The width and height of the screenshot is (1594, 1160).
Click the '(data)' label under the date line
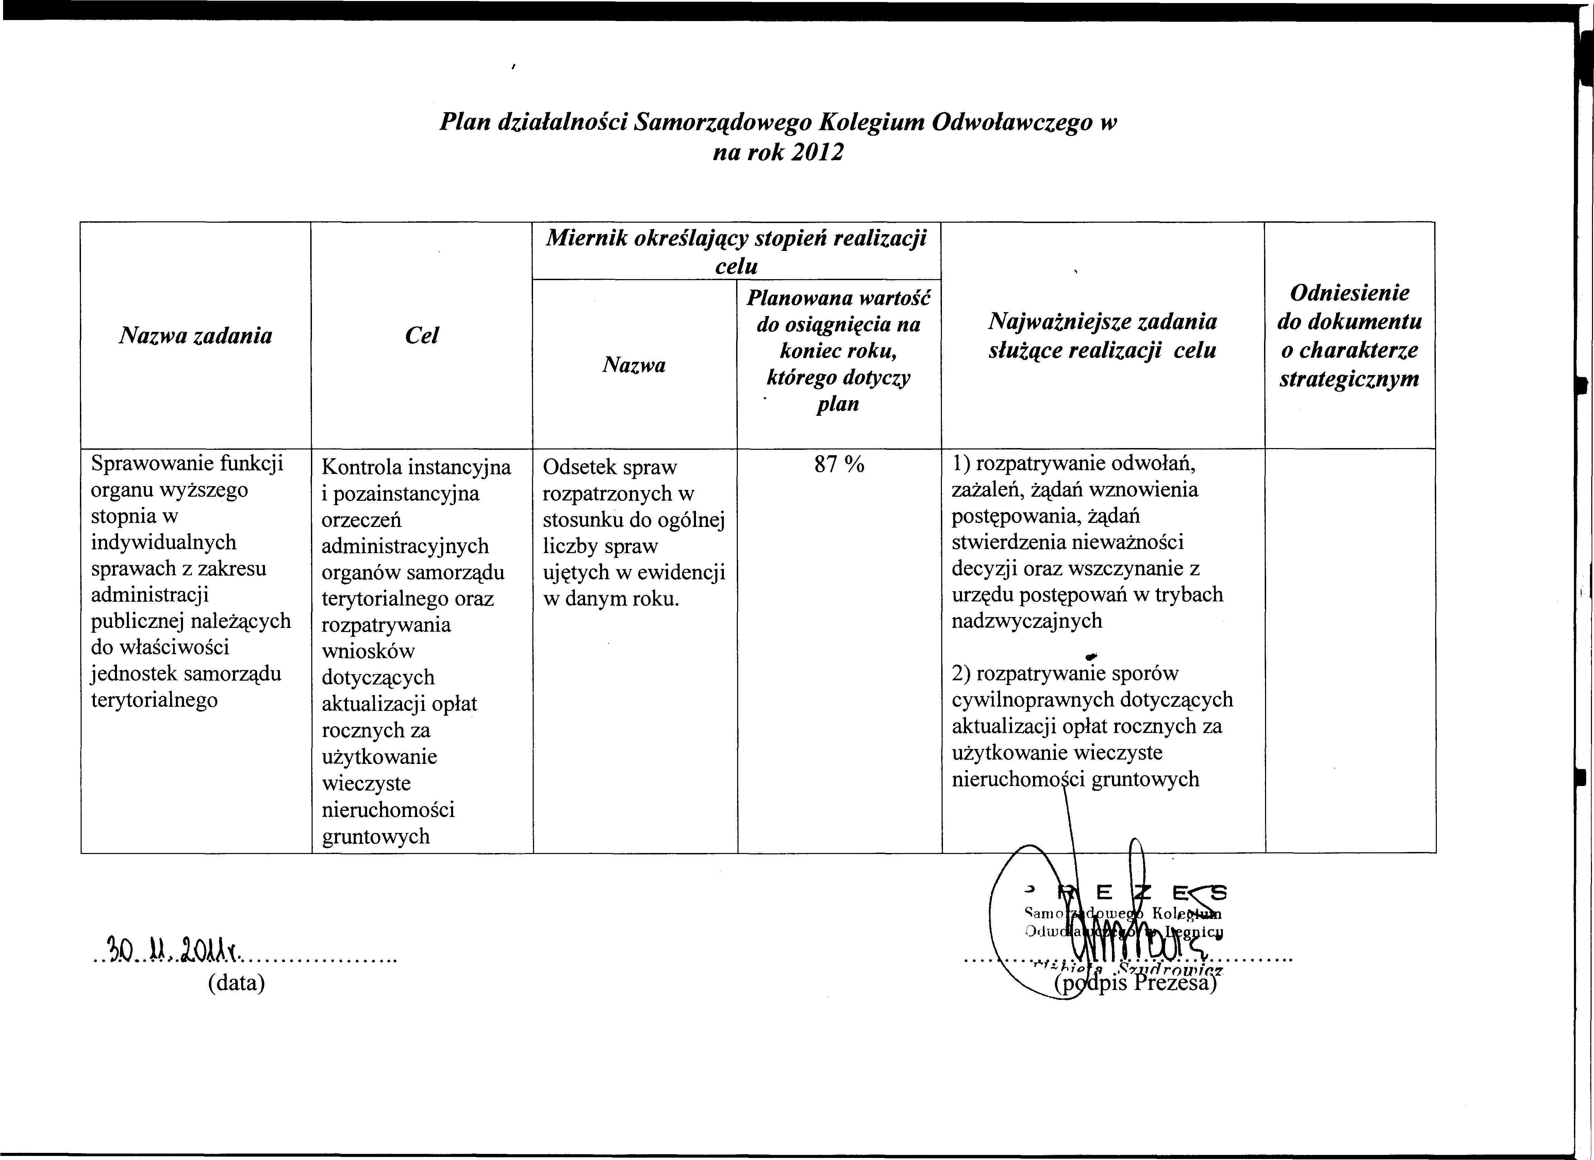click(x=236, y=982)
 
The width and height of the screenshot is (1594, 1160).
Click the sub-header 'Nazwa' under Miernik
click(x=634, y=365)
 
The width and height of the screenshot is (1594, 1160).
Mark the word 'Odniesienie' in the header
click(x=1349, y=293)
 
